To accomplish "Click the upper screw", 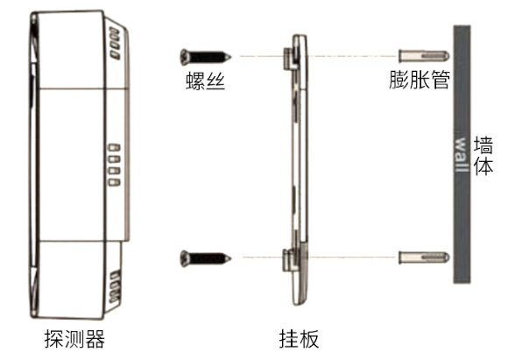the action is [x=206, y=57].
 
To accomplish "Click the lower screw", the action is [x=206, y=258].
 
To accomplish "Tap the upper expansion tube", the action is [x=424, y=56].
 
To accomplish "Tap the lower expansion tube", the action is [x=424, y=258].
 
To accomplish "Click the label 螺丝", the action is [x=206, y=81].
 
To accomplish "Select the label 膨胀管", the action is [x=420, y=80].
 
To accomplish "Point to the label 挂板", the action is [x=299, y=339].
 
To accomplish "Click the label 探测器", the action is [x=75, y=339].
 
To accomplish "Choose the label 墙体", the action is [x=483, y=156].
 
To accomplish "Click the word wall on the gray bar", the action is [x=462, y=154].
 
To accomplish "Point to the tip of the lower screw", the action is [x=231, y=258].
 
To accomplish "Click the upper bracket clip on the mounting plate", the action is [x=291, y=58].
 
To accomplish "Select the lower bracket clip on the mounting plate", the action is [x=291, y=260].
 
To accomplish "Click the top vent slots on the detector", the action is [x=116, y=44].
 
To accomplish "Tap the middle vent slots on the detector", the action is [x=115, y=165].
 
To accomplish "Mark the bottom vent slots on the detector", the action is [x=115, y=286].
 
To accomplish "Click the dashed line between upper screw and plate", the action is [x=261, y=56].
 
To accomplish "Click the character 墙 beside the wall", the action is [x=483, y=145].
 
